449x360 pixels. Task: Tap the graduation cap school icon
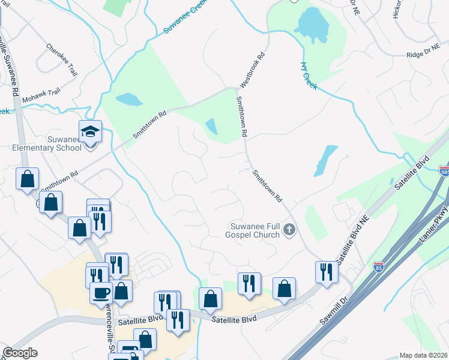90,131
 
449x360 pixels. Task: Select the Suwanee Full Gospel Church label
255,230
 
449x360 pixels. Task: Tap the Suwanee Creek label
185,23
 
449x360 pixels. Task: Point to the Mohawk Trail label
41,96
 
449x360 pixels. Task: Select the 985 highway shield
444,170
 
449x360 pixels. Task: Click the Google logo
20,353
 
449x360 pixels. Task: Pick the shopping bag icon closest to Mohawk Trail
28,178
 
